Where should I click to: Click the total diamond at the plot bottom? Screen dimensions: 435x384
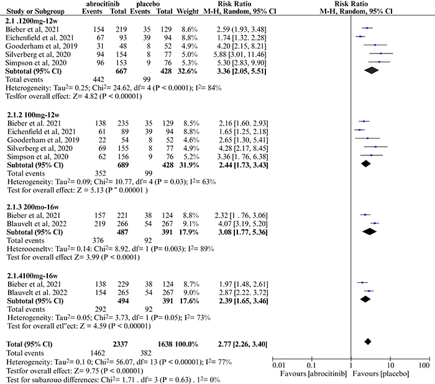pos(368,342)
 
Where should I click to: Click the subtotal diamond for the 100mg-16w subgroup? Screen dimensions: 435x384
pos(365,299)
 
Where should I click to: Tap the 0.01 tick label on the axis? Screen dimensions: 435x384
pos(278,365)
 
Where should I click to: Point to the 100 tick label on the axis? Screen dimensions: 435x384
pos(424,365)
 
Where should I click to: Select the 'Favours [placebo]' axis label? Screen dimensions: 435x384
pos(381,374)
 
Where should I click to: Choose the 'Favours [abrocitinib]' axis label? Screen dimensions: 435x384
pos(313,374)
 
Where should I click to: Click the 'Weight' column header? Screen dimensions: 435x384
pos(188,12)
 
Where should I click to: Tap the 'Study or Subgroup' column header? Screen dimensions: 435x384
pos(35,12)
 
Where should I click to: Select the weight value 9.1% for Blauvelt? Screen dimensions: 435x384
pos(190,224)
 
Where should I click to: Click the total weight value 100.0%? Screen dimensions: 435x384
pos(186,344)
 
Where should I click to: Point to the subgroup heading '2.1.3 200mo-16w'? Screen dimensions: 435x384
pos(33,207)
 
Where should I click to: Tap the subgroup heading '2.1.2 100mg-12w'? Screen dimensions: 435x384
pos(34,115)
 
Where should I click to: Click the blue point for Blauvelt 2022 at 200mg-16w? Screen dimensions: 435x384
pos(375,223)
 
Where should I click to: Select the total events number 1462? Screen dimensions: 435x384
pos(98,353)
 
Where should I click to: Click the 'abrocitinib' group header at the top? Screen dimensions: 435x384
pos(103,4)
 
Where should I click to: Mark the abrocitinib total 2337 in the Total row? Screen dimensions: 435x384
pos(120,344)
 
